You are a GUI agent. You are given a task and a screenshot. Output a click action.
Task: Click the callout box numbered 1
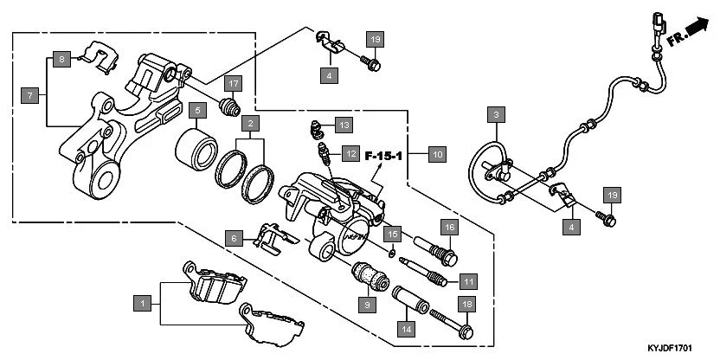point(141,303)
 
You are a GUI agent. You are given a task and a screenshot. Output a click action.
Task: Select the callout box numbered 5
point(197,111)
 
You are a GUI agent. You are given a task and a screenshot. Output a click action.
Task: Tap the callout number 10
point(437,155)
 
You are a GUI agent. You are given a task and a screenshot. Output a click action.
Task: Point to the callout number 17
point(233,83)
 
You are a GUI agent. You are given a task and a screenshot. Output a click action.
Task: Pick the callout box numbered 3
point(495,114)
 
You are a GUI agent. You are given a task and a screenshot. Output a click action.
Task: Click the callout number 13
point(344,125)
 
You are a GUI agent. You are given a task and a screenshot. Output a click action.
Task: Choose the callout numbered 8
point(61,59)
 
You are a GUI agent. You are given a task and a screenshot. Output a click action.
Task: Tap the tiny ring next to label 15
point(393,254)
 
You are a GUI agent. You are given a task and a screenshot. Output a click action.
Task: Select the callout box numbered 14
point(406,328)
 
